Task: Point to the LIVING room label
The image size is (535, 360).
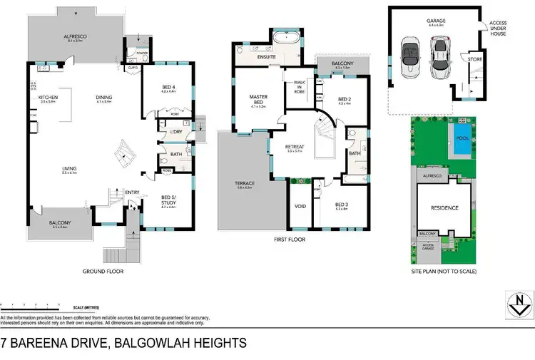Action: tap(69, 168)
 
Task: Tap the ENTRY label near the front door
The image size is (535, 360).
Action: tap(132, 191)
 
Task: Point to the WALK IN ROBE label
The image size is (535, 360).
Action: tap(300, 86)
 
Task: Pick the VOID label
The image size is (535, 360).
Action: tap(300, 206)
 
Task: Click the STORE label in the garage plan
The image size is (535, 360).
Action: tap(476, 60)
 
